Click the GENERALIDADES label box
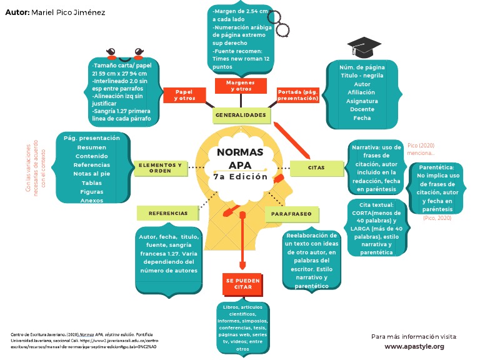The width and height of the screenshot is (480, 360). point(241,116)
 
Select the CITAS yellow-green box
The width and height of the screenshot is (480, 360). point(316,167)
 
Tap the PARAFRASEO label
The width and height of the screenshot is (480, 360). point(291,214)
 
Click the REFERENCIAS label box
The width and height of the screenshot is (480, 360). point(168,213)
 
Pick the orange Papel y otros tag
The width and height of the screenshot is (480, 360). point(184,95)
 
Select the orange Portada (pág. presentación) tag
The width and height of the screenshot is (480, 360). point(298,95)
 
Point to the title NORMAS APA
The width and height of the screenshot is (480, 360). point(240,159)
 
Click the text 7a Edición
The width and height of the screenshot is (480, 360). point(240,177)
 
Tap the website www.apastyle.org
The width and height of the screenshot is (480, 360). point(414,346)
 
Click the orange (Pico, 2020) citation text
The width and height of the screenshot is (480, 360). point(437,218)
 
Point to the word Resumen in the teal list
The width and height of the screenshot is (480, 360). point(91,147)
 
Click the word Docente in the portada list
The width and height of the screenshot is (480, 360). point(362,109)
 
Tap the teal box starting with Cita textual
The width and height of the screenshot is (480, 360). point(377,228)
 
